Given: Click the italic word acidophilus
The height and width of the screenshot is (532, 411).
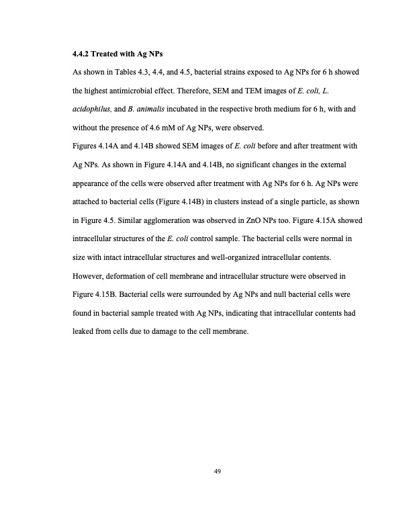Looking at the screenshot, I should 92,108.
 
